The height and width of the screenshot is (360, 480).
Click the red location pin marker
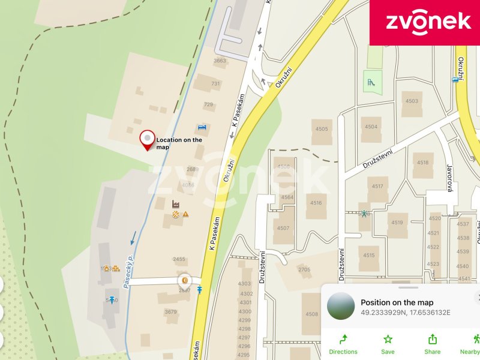147,140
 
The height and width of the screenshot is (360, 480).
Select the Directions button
343,344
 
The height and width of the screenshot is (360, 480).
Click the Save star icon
388,344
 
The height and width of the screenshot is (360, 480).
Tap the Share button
432,344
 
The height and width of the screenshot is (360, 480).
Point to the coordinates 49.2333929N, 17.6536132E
406,313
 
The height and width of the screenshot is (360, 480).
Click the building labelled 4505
322,129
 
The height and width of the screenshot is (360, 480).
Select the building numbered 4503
412,101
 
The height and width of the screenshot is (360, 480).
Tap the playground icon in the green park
372,81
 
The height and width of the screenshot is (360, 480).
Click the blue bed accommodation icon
202,127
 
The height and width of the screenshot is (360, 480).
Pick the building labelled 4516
316,203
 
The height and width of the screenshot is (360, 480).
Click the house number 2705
304,269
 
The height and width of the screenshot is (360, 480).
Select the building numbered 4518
423,163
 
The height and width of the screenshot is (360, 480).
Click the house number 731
215,84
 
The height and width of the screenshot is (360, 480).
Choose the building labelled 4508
311,313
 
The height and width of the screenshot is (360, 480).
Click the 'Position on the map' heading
397,302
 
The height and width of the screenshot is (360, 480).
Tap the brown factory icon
176,203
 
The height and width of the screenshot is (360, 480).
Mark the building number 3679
171,311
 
